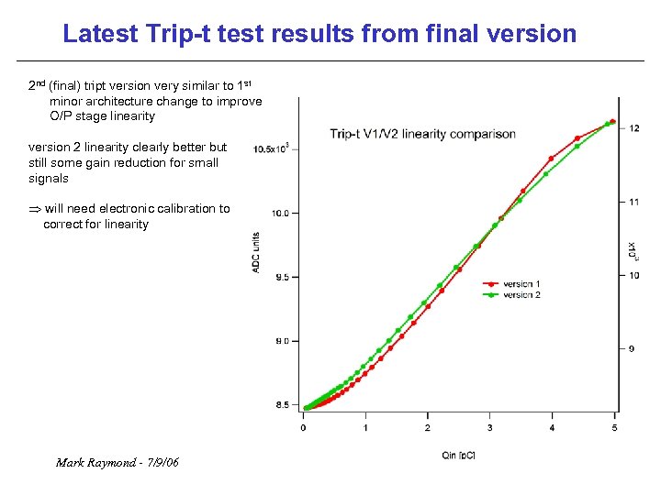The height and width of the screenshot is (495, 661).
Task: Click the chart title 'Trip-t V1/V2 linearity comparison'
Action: coord(422,134)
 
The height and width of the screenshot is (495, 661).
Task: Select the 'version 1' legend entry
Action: coord(521,284)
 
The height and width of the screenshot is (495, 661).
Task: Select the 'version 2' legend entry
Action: coord(521,294)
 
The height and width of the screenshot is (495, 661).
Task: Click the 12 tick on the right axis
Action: coord(634,128)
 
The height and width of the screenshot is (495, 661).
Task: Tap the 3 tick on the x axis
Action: coord(489,427)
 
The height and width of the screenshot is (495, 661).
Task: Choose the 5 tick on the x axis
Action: coord(613,427)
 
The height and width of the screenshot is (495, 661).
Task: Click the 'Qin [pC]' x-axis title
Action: coord(458,455)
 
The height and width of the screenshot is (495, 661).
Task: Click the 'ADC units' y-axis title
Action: coord(257,251)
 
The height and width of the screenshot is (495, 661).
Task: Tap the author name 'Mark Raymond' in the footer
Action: coord(94,462)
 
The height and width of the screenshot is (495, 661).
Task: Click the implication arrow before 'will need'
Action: coord(35,209)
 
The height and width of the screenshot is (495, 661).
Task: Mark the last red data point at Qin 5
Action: coord(613,121)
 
